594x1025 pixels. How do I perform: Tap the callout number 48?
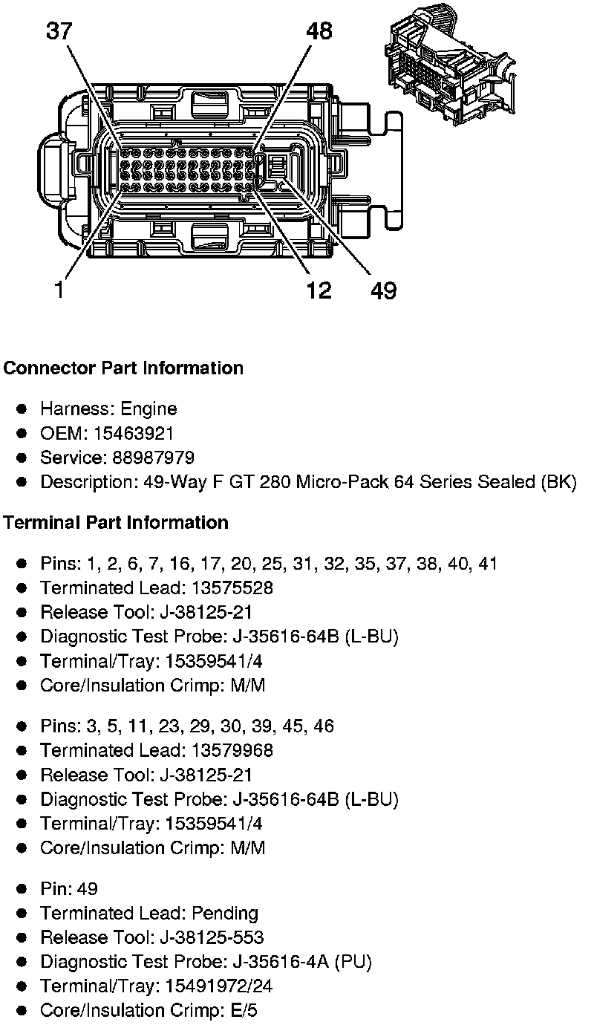[x=319, y=31]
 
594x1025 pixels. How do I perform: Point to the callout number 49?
[x=383, y=290]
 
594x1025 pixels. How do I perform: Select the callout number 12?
[x=319, y=290]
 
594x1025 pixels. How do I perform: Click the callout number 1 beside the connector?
[x=59, y=290]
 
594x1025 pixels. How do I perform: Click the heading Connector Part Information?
[x=123, y=368]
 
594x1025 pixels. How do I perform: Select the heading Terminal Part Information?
[x=115, y=523]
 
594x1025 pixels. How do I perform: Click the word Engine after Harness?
[x=149, y=409]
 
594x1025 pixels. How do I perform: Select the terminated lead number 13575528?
[x=232, y=588]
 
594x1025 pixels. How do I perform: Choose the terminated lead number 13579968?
[x=232, y=751]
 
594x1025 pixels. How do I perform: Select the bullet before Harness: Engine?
[x=23, y=409]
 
